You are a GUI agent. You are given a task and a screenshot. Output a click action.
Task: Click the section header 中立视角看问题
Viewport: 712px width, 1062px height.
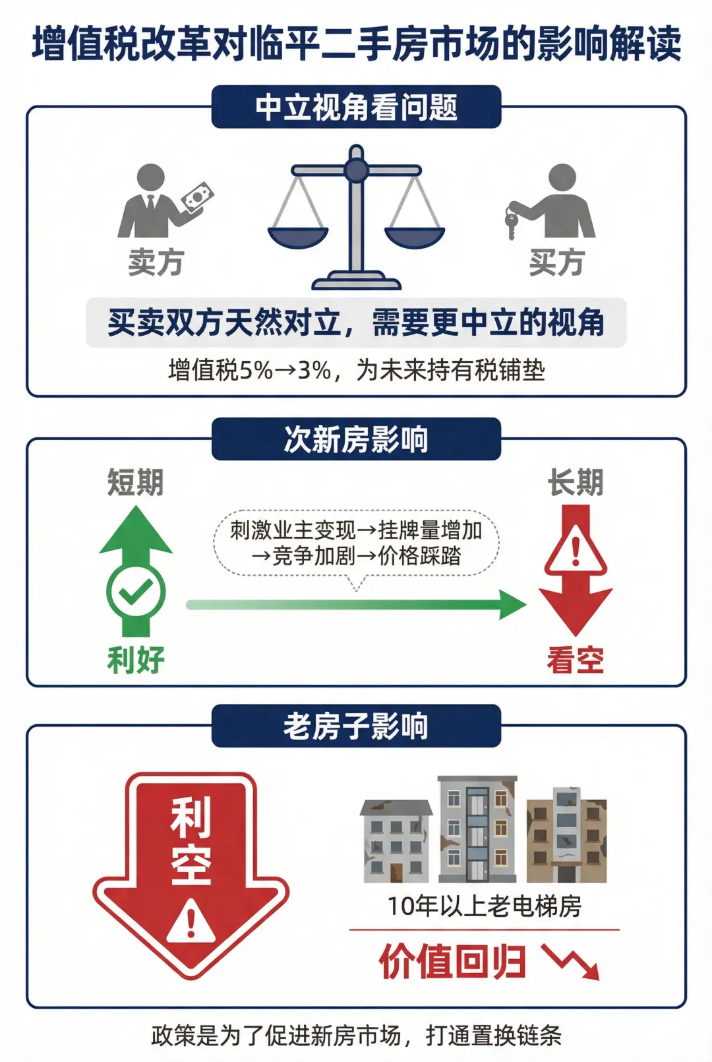356,107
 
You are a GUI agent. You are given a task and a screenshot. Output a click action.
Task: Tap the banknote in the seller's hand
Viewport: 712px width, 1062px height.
198,197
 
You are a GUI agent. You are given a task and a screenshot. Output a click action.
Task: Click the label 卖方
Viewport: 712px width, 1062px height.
156,263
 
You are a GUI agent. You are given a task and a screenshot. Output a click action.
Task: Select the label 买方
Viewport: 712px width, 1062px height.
556,263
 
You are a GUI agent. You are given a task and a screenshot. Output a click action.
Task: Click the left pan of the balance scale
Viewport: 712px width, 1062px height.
298,236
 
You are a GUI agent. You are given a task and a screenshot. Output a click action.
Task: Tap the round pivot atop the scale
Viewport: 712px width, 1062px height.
356,170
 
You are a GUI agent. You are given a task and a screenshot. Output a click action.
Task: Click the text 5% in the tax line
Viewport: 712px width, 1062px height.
256,370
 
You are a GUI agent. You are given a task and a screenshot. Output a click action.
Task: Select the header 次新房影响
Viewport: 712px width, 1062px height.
356,439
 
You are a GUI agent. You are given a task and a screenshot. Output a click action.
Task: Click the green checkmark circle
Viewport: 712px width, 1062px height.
136,592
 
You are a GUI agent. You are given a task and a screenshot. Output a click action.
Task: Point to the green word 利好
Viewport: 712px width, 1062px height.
136,660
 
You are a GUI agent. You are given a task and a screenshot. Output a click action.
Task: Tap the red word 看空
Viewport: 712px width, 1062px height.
576,660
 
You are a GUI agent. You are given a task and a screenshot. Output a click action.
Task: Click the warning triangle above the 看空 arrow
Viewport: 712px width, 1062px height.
576,549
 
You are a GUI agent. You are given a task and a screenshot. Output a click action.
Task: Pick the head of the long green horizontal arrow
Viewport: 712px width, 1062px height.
513,604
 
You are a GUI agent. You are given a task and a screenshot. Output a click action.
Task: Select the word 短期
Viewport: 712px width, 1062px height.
136,482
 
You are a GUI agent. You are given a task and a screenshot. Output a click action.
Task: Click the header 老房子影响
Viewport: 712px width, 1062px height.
356,726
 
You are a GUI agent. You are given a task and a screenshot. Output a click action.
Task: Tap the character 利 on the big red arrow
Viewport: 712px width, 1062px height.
191,817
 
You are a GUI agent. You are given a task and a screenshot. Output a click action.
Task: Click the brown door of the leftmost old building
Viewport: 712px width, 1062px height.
396,872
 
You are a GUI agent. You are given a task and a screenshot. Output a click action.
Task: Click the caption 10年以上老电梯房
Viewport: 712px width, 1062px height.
485,906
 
